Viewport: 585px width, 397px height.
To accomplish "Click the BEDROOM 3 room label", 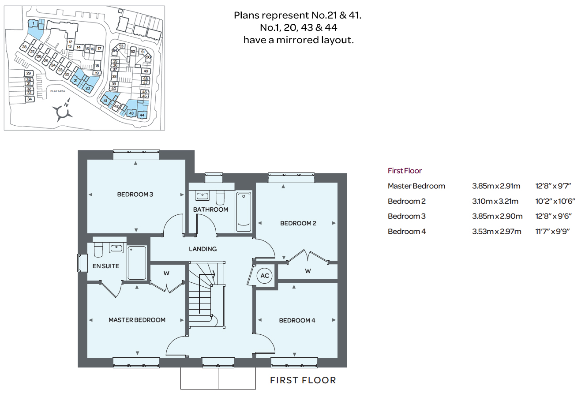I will (135, 195).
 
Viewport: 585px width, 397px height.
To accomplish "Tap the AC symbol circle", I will (264, 276).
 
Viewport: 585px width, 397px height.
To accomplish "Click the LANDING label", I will (202, 249).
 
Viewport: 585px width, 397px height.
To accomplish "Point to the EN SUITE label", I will (106, 266).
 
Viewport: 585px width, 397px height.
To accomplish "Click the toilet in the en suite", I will (98, 250).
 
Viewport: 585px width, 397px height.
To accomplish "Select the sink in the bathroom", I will (202, 195).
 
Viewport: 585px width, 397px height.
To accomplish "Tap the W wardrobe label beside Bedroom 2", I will (308, 271).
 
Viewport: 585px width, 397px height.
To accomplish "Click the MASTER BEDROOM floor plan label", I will (137, 320).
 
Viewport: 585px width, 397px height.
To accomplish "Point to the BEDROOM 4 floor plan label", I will (297, 321).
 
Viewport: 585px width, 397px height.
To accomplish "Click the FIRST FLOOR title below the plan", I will (303, 380).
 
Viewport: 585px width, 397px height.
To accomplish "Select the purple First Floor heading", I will (405, 171).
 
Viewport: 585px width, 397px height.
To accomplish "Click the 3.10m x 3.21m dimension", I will (495, 201).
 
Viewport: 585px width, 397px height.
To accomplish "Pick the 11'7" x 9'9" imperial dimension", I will (552, 231).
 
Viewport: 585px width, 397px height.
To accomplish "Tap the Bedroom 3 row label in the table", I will (406, 216).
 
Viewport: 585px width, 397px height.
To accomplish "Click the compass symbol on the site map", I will (63, 112).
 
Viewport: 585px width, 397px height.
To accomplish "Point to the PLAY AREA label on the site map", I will (58, 91).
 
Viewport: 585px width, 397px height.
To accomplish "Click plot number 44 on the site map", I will (142, 115).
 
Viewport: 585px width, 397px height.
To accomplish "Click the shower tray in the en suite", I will (137, 263).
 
